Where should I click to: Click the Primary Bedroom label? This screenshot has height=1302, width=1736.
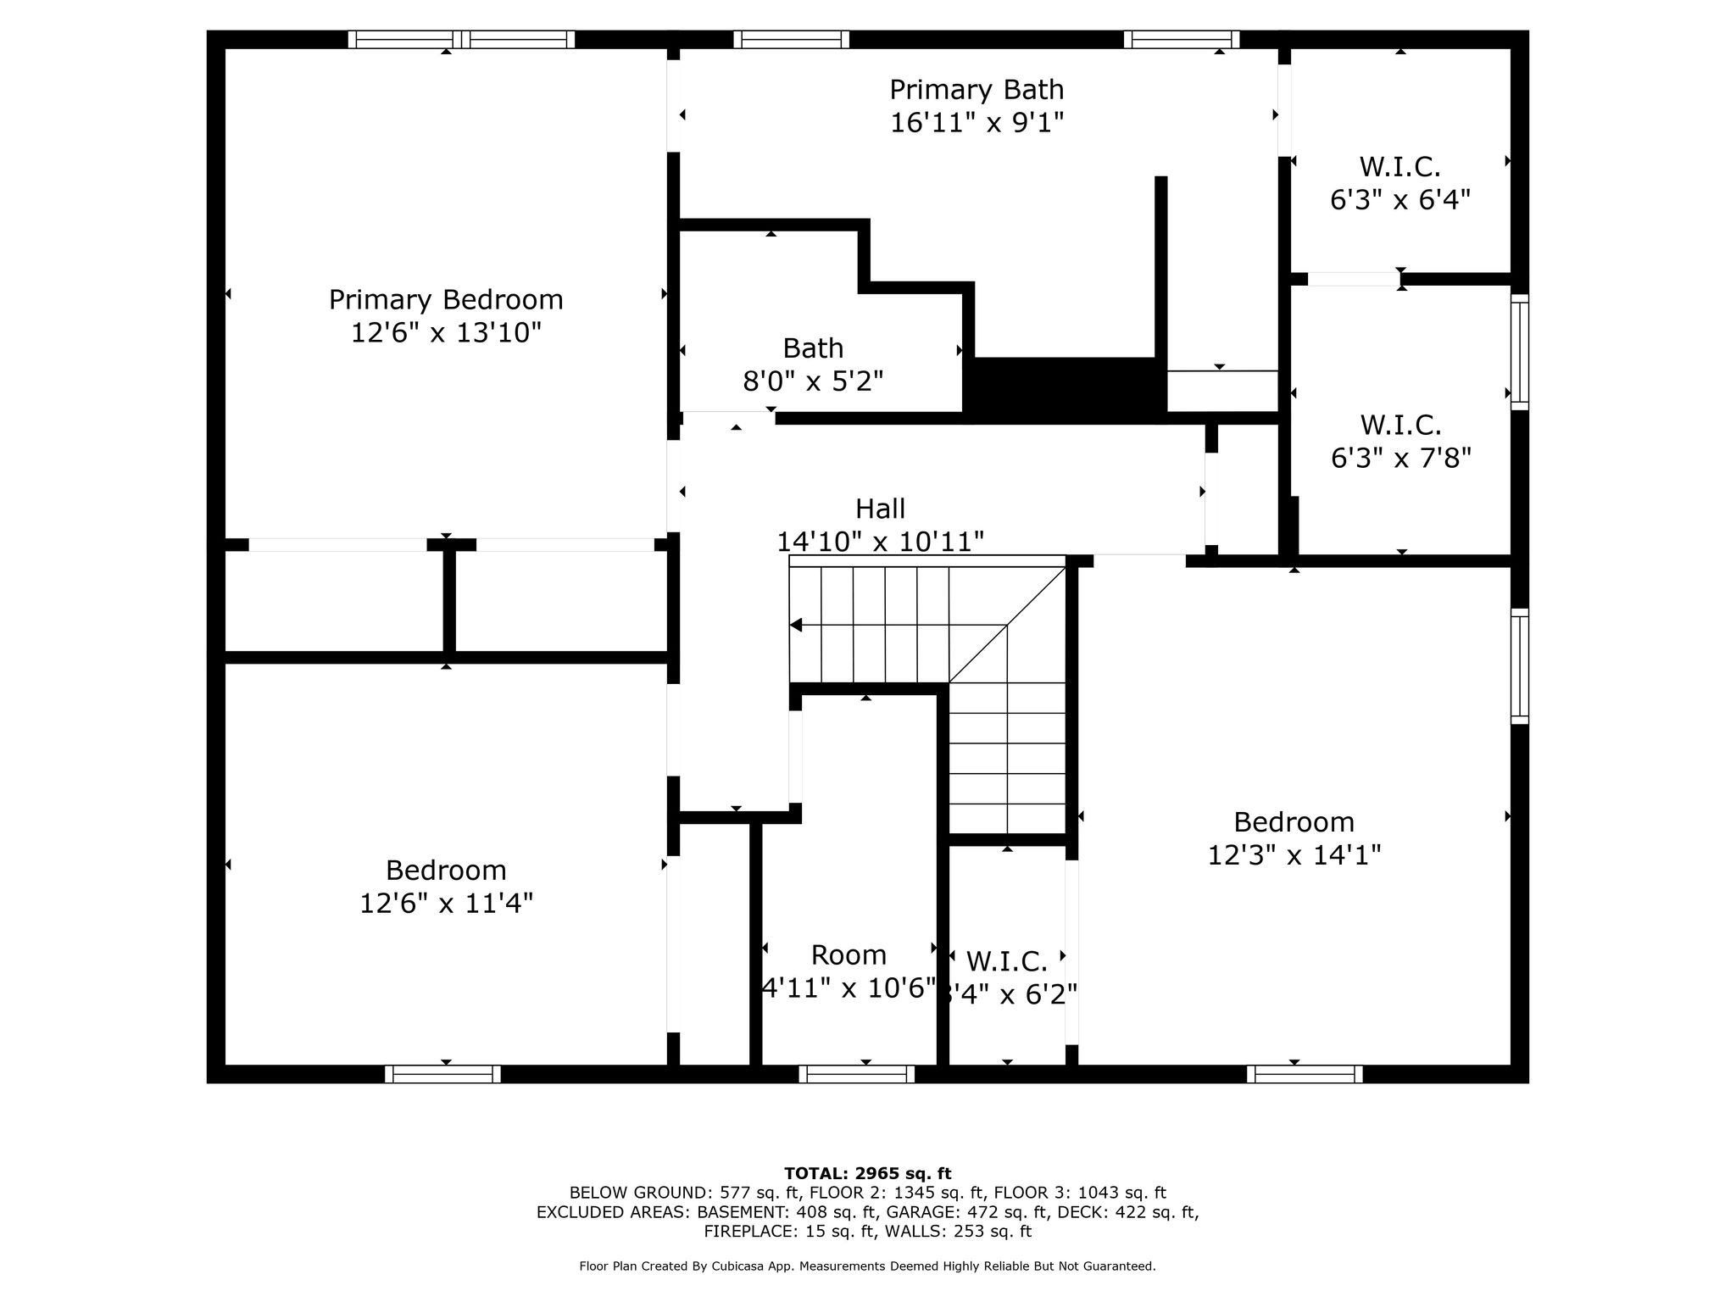click(x=446, y=300)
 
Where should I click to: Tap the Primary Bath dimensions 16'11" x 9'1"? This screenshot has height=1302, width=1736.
click(x=976, y=123)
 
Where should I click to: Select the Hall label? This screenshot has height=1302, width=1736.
click(x=880, y=509)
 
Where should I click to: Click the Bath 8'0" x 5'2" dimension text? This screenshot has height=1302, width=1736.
click(x=813, y=381)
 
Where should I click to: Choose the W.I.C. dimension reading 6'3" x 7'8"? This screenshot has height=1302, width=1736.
click(x=1400, y=458)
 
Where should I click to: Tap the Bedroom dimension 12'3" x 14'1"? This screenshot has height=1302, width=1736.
click(x=1294, y=854)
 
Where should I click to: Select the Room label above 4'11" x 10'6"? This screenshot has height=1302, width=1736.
click(x=849, y=955)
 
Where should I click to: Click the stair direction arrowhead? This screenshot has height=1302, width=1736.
click(x=795, y=626)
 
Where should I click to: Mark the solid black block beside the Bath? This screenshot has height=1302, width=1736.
click(x=1065, y=389)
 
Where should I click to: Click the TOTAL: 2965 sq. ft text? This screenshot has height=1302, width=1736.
click(x=867, y=1173)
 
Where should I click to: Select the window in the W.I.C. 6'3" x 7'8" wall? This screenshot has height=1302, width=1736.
click(x=1520, y=352)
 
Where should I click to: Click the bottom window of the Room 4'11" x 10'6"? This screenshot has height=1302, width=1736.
click(x=857, y=1074)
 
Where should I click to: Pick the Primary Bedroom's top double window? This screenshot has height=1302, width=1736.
click(x=461, y=39)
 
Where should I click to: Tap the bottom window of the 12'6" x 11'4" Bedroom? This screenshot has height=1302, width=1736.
click(x=442, y=1074)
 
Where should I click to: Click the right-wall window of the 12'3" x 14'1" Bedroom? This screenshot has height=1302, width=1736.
click(x=1520, y=666)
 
